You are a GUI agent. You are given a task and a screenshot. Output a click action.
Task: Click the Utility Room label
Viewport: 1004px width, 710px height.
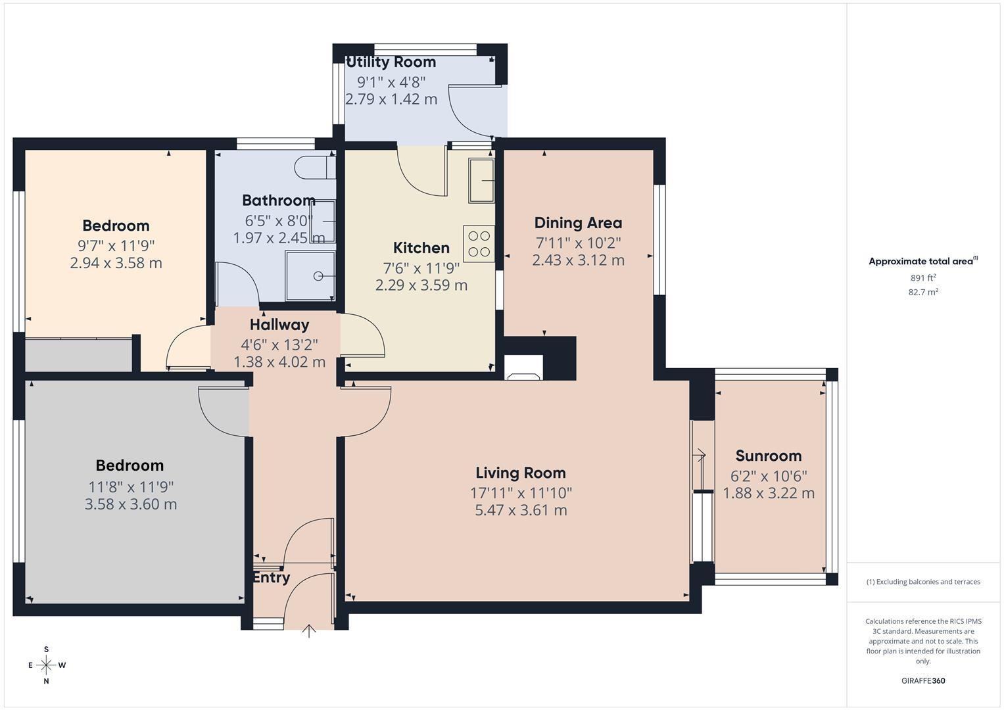[x=391, y=62]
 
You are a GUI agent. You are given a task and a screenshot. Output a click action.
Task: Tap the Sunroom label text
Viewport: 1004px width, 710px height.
[x=768, y=456]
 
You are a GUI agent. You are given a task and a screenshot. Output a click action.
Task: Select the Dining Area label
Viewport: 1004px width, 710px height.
[x=578, y=223]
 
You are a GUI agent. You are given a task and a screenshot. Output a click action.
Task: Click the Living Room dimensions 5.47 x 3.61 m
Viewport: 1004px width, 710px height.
[x=521, y=510]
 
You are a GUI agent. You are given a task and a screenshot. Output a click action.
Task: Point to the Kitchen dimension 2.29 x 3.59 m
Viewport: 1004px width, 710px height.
[x=421, y=285]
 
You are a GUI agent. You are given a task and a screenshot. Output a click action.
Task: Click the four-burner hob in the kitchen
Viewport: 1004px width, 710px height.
[x=479, y=244]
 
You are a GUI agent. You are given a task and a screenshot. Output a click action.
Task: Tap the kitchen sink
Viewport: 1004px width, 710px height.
[x=481, y=180]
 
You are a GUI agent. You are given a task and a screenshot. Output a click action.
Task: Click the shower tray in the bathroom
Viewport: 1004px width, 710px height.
[x=310, y=276]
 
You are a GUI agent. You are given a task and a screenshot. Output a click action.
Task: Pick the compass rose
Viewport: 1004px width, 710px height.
[x=46, y=665]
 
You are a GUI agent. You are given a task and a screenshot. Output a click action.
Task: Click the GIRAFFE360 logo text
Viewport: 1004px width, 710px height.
[x=923, y=680]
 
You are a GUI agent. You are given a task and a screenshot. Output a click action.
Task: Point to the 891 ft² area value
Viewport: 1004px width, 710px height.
[x=923, y=278]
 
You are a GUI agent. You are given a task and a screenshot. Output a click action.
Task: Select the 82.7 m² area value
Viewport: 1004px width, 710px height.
[x=923, y=293]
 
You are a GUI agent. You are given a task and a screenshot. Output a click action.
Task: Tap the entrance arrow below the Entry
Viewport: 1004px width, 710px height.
[x=309, y=631]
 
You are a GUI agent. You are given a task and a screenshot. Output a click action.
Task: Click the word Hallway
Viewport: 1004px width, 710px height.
[x=279, y=325]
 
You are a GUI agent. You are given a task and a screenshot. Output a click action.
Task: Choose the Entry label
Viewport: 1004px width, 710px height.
[x=272, y=577]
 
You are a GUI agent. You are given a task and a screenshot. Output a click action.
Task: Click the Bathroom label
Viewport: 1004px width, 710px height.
[x=279, y=200]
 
